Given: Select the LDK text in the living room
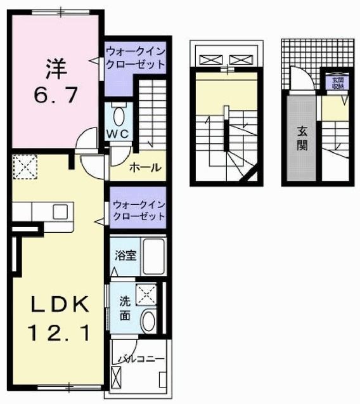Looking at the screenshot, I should (56, 304).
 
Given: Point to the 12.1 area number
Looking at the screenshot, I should (56, 331).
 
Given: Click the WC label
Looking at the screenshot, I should (118, 134).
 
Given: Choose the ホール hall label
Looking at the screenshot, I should (145, 168).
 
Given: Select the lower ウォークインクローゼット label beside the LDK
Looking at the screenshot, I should (138, 210).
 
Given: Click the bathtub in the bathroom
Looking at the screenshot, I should (153, 256).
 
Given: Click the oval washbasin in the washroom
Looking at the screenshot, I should (148, 321).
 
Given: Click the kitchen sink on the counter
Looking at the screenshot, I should (61, 211).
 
